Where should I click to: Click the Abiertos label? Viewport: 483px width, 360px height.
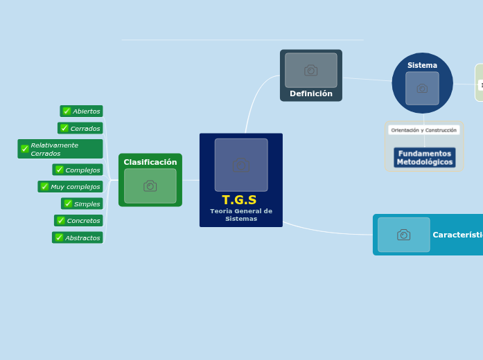coord(86,111)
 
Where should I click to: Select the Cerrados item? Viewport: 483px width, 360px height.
coord(85,129)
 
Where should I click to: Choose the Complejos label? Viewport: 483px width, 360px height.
coord(82,170)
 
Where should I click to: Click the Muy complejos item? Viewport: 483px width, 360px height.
coord(75,187)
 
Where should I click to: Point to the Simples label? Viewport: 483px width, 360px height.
coord(87,204)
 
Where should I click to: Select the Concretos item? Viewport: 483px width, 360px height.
coord(83,221)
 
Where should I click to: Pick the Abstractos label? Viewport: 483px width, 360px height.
coord(82,238)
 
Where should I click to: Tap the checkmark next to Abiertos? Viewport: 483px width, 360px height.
coord(67,111)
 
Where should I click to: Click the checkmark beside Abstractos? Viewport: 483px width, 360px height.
coord(59,238)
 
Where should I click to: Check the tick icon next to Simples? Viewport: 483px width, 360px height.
coord(68,204)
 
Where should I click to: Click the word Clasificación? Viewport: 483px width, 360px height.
coord(150,162)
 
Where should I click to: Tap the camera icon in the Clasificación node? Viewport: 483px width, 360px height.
coord(150,186)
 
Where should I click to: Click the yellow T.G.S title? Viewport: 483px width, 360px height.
coord(240,200)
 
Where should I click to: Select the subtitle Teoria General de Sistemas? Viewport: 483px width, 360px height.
coord(241,215)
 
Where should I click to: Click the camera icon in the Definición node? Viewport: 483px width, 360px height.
coord(311,71)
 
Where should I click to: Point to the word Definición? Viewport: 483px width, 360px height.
coord(311,93)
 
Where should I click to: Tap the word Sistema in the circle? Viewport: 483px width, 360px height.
coord(422,65)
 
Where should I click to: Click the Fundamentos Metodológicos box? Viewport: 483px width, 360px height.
coord(425,158)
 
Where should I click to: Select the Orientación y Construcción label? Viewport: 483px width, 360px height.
coord(423,130)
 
